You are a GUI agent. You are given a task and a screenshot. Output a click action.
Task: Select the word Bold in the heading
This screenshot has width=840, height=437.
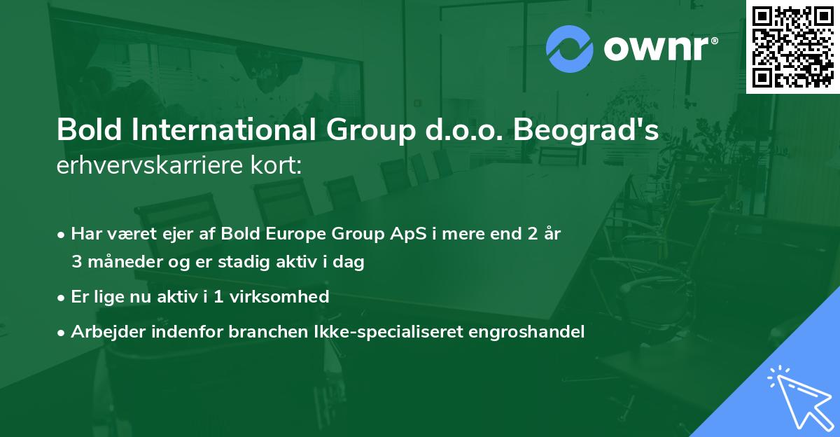(84, 132)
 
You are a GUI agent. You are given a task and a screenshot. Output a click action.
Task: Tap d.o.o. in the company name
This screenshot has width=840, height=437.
(460, 132)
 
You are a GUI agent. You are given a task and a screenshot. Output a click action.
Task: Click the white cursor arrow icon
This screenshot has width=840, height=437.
(798, 396)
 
